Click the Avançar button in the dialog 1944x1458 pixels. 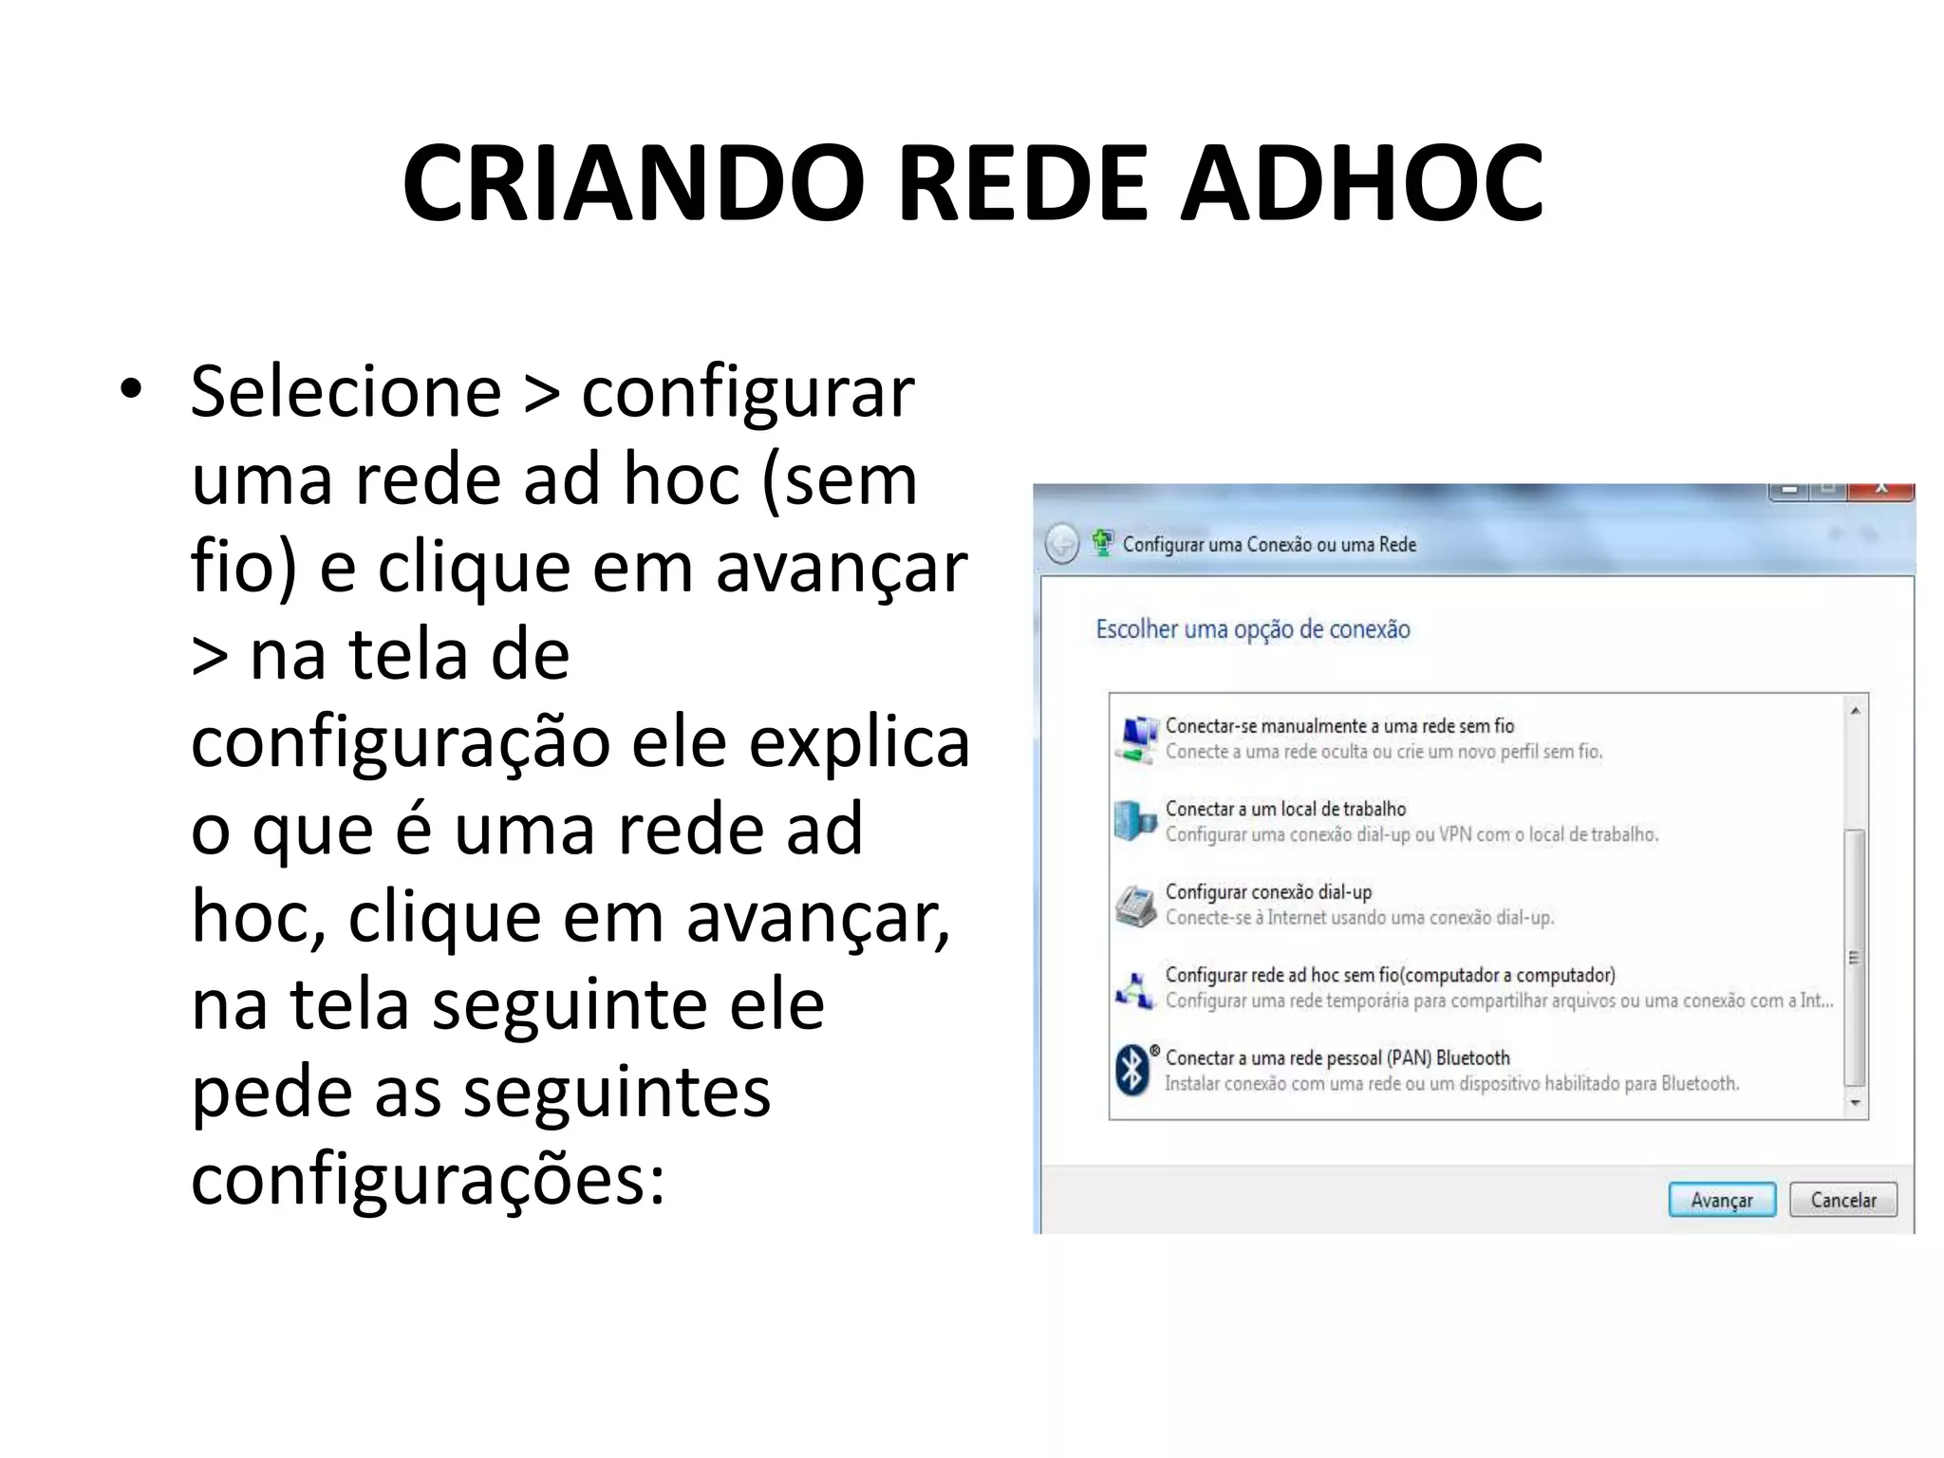(x=1721, y=1200)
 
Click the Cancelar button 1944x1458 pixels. (x=1842, y=1200)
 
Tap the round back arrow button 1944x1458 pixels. (x=1061, y=544)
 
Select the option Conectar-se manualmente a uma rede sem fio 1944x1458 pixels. (x=1338, y=726)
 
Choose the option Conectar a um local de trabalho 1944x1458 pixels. (x=1285, y=809)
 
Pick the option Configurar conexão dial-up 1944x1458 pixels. (x=1268, y=892)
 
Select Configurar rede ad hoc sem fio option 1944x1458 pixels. (x=1390, y=975)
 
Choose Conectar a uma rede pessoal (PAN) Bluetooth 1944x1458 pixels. (x=1336, y=1057)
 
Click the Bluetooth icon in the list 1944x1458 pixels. (x=1132, y=1070)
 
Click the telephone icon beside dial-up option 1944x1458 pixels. (x=1135, y=905)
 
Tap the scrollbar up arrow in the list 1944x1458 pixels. (x=1855, y=711)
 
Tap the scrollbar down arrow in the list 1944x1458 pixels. (x=1855, y=1103)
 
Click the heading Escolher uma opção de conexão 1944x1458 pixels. (x=1252, y=629)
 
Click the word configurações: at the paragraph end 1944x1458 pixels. (x=428, y=1180)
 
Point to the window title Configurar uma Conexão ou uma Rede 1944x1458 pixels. (x=1268, y=545)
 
